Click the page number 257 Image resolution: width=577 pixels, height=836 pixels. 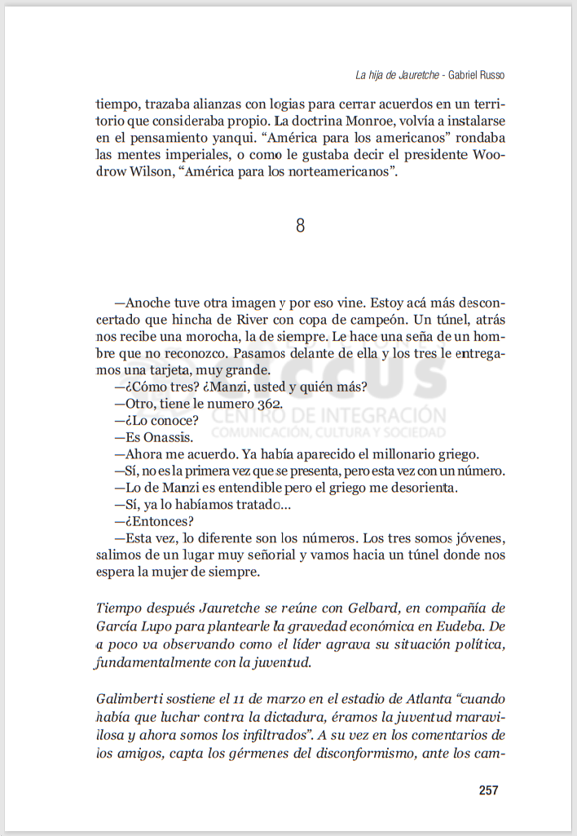pyautogui.click(x=488, y=790)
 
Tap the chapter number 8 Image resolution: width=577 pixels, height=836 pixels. pyautogui.click(x=300, y=226)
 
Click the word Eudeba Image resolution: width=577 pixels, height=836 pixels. pyautogui.click(x=460, y=626)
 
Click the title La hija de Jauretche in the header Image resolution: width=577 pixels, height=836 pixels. pyautogui.click(x=397, y=75)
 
